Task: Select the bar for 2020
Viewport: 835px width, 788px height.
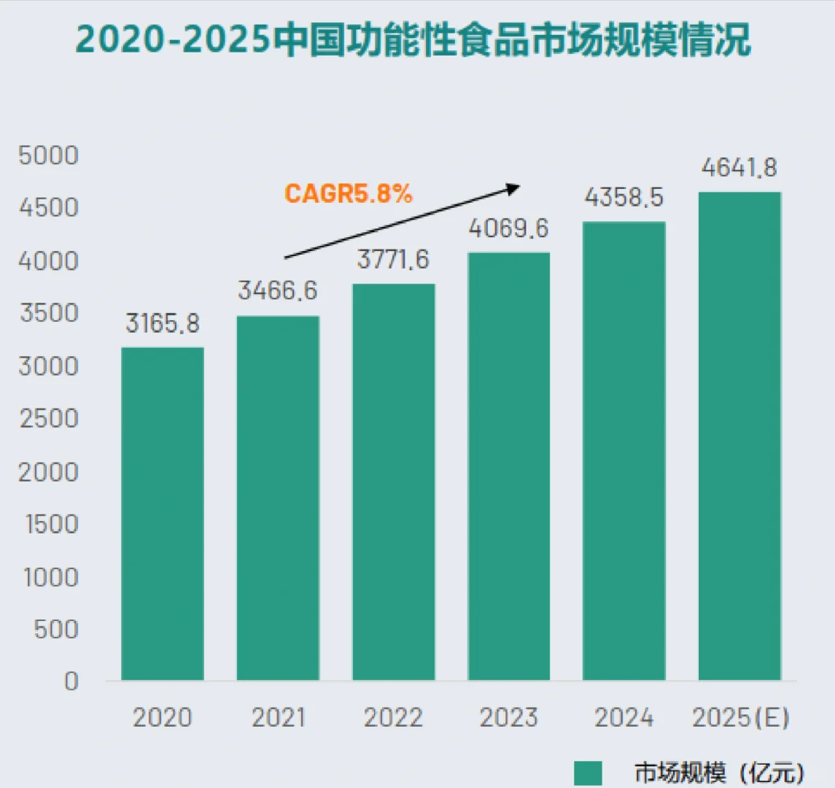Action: pyautogui.click(x=162, y=514)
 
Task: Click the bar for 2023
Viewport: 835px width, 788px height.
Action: pyautogui.click(x=509, y=467)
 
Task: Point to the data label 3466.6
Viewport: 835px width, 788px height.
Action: pyautogui.click(x=278, y=290)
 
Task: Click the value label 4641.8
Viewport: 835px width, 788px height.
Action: pyautogui.click(x=739, y=168)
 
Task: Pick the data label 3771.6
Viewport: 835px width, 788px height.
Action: pyautogui.click(x=393, y=259)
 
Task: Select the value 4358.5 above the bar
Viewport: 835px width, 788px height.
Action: pyautogui.click(x=624, y=197)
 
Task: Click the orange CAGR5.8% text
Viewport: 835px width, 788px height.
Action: pyautogui.click(x=349, y=194)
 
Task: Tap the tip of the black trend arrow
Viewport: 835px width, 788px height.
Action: pyautogui.click(x=518, y=187)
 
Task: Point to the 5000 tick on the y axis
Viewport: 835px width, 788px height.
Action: pyautogui.click(x=48, y=155)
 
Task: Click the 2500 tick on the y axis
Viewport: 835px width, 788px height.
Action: pyautogui.click(x=48, y=419)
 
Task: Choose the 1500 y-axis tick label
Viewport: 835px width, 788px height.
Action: pyautogui.click(x=51, y=524)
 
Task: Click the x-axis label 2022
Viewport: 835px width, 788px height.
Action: pyautogui.click(x=393, y=718)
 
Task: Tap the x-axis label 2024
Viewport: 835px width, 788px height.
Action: pyautogui.click(x=624, y=718)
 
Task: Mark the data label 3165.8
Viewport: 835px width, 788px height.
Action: pyautogui.click(x=162, y=323)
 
